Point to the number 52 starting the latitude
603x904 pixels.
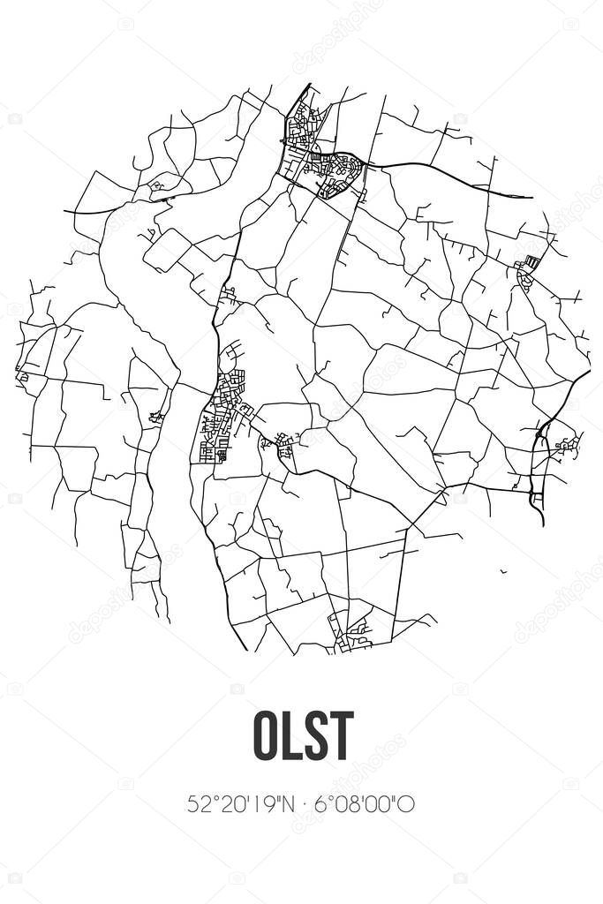197,804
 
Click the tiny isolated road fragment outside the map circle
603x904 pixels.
503,571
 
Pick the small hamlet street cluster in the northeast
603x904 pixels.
527,272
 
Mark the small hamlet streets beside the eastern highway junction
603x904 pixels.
565,446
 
